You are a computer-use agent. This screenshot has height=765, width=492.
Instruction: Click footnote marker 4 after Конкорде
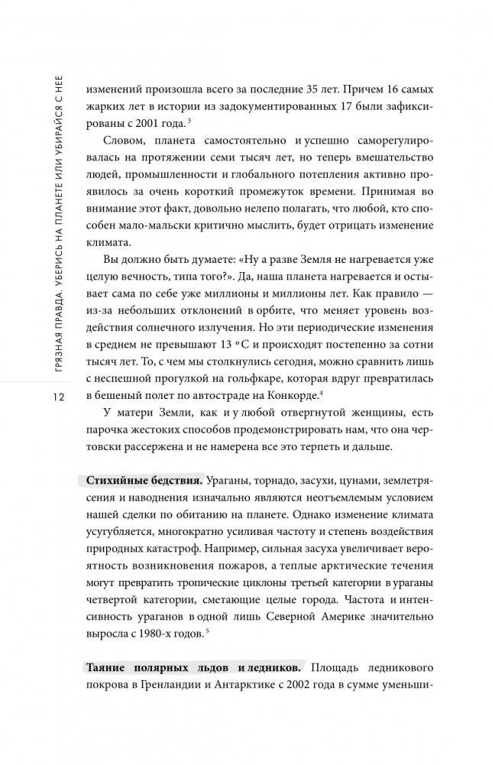click(322, 392)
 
